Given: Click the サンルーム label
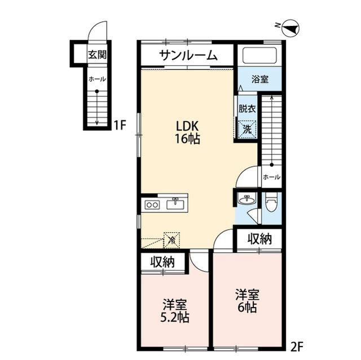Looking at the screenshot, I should click(187, 55).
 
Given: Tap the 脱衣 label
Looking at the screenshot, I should click(247, 109).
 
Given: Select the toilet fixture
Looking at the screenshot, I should click(271, 202).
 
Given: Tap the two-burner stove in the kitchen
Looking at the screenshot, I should click(152, 205).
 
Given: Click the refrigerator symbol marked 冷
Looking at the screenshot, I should click(171, 240).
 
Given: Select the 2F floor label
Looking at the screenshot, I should click(297, 345).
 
